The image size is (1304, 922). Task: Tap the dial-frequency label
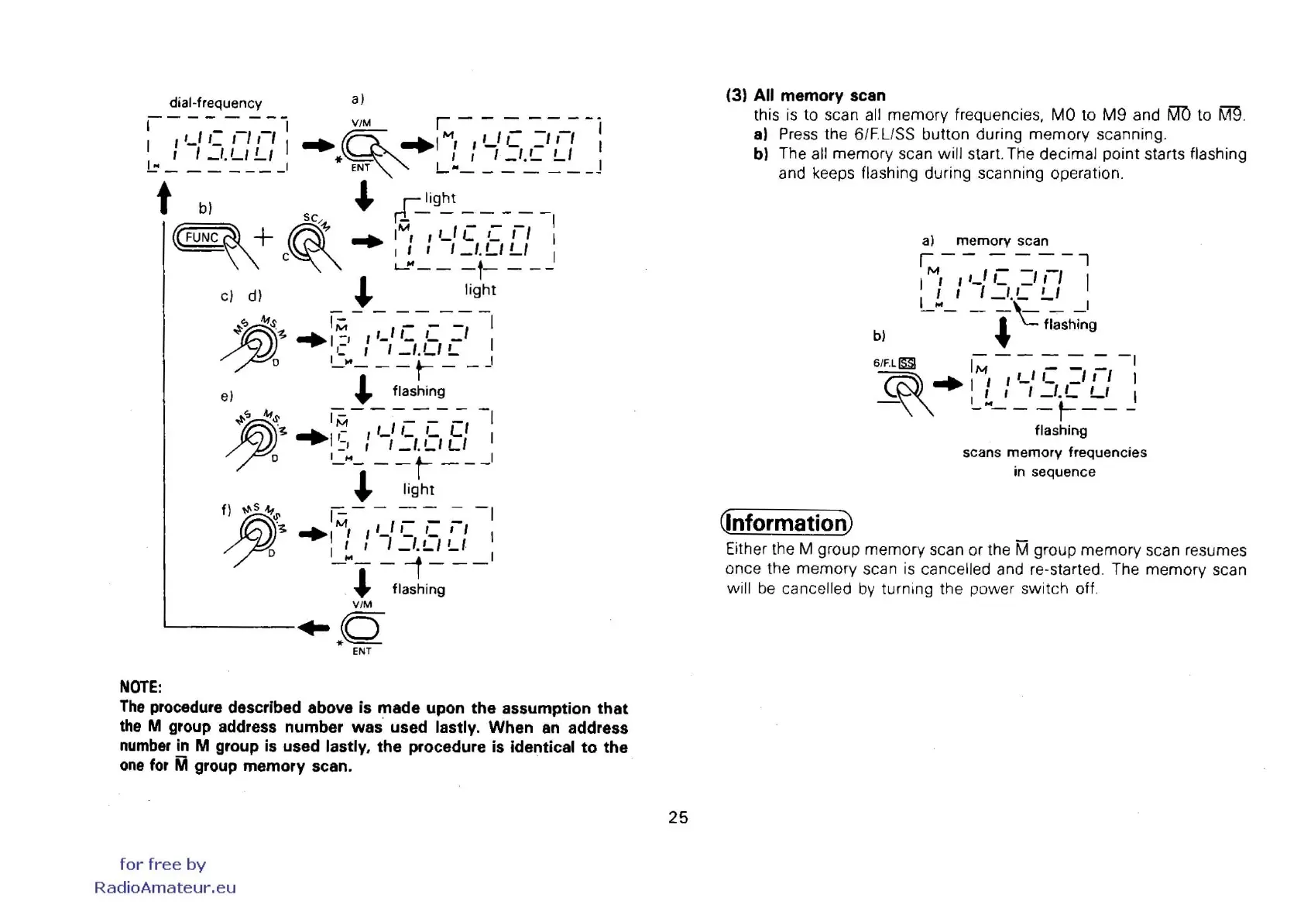pos(215,103)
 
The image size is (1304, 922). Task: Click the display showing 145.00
pos(218,145)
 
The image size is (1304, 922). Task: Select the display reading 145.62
pos(411,339)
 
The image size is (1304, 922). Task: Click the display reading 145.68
pos(411,436)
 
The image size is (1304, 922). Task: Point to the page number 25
pos(678,817)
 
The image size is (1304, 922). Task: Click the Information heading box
pos(786,523)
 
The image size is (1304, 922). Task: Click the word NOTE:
pos(140,687)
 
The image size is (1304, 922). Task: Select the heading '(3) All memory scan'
pos(805,95)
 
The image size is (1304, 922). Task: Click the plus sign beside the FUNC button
pos(263,236)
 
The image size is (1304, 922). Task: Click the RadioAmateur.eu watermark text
pos(165,888)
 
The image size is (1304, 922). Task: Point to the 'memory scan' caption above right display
pos(1002,241)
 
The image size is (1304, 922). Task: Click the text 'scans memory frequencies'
pos(1054,452)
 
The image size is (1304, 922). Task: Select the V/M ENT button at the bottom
pos(361,628)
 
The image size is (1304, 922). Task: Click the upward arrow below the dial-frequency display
pos(163,198)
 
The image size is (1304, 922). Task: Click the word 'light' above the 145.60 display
pos(440,198)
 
